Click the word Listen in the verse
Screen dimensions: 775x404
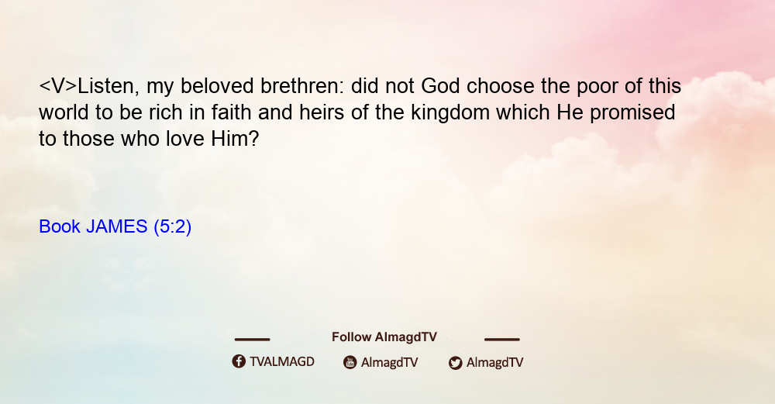pos(105,87)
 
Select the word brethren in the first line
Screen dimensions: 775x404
pos(301,86)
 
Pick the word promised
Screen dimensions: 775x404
pos(632,112)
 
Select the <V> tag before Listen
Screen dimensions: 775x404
pos(58,86)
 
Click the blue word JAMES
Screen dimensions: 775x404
pos(117,226)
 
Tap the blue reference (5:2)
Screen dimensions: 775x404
pos(173,226)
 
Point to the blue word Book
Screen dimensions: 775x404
pos(60,226)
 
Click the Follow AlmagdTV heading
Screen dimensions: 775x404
pos(384,337)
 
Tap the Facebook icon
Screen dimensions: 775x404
pos(239,361)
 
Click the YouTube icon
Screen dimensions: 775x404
pos(350,362)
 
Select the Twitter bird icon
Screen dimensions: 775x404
pos(456,363)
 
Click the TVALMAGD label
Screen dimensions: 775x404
pos(282,362)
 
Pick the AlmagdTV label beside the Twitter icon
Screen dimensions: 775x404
pos(494,362)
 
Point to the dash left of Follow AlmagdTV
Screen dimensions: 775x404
pos(252,340)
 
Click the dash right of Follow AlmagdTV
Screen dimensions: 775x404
pos(502,340)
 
